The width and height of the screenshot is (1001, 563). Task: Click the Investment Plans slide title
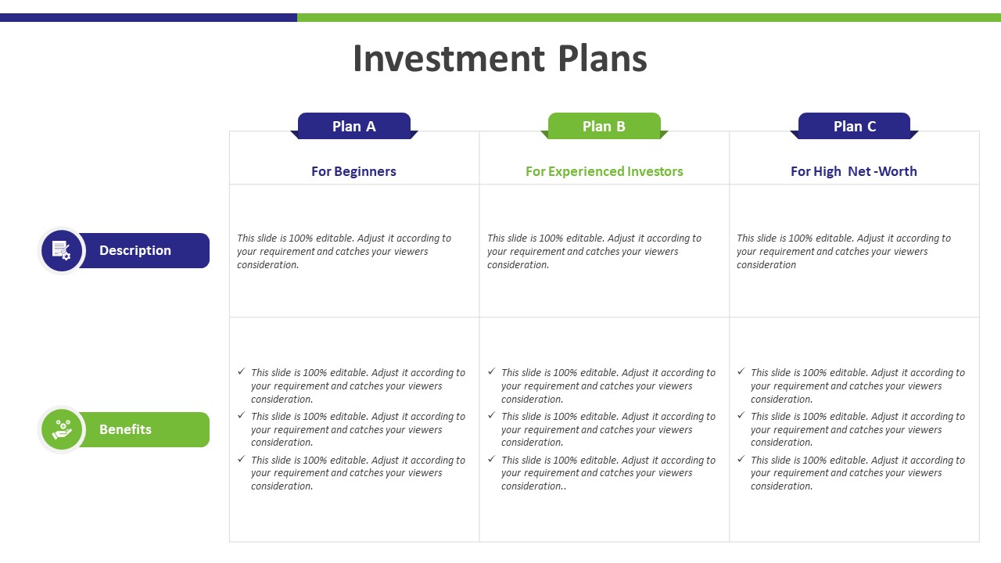tap(500, 59)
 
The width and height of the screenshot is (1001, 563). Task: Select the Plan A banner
tap(354, 126)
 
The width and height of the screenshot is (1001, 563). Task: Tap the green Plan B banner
tap(605, 126)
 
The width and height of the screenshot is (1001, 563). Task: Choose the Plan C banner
tap(855, 126)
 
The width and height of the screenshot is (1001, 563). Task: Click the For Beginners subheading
tap(353, 171)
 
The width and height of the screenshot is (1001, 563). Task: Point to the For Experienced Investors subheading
tap(605, 171)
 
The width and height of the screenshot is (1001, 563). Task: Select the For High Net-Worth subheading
tap(853, 171)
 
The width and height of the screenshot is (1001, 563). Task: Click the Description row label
tap(135, 250)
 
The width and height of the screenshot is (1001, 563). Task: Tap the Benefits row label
tap(125, 429)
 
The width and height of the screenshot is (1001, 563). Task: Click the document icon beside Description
tap(61, 250)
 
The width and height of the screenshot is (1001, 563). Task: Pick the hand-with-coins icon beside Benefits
tap(61, 429)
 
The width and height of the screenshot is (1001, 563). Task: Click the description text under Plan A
tap(344, 251)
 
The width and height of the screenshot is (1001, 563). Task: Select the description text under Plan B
tap(594, 251)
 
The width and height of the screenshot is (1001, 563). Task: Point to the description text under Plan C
tap(844, 251)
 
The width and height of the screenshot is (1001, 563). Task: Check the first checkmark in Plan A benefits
tap(242, 371)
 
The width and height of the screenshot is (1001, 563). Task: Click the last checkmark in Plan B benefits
tap(492, 459)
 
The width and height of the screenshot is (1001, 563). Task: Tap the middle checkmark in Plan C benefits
tap(741, 415)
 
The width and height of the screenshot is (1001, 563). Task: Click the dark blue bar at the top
tap(149, 17)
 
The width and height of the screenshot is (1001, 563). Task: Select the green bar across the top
tap(649, 17)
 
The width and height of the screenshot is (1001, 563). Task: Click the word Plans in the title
tap(602, 59)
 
